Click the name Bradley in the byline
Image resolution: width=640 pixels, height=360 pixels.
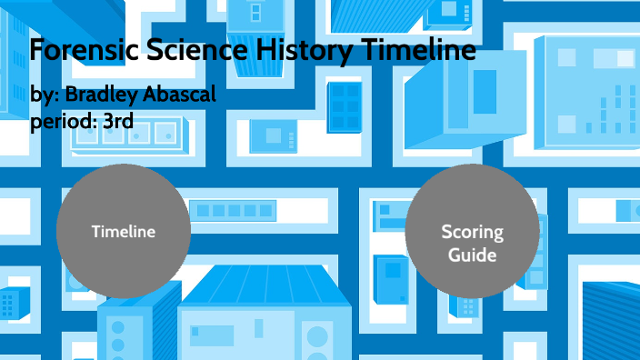[103, 95]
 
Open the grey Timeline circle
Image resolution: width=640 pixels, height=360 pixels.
[124, 231]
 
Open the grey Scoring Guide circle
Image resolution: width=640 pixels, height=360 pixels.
[472, 231]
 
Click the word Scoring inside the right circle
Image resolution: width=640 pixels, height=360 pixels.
[472, 232]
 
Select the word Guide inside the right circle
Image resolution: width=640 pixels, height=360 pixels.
[472, 255]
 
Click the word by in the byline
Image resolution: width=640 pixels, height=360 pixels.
[43, 95]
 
